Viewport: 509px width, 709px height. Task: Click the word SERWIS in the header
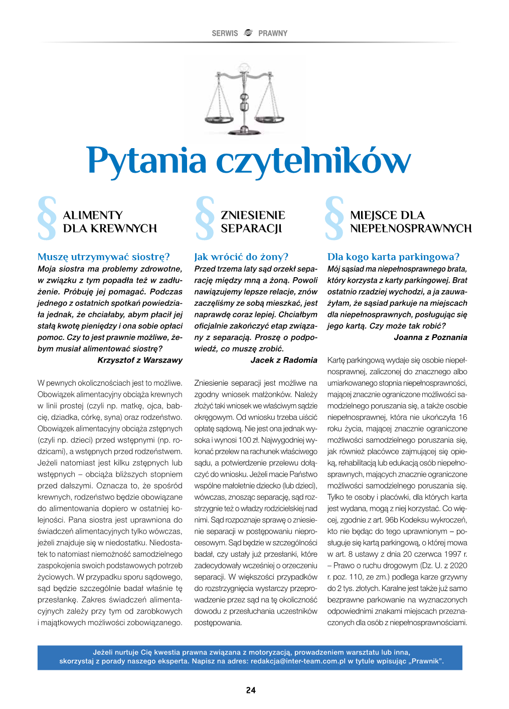point(225,34)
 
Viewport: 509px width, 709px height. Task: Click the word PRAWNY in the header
point(273,34)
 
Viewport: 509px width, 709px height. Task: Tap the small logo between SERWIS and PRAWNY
point(248,33)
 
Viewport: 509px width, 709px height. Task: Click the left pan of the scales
point(218,119)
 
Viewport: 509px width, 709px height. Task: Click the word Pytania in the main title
point(147,162)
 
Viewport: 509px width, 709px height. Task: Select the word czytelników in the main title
point(313,162)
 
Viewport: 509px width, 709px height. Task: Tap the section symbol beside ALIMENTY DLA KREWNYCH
point(47,218)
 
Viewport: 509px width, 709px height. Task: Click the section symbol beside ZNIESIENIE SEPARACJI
point(205,218)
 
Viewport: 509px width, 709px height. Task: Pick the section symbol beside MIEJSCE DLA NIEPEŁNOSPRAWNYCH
point(334,218)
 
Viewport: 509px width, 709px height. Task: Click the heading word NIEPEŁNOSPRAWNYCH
point(411,228)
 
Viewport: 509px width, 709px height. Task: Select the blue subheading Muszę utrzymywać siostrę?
point(104,257)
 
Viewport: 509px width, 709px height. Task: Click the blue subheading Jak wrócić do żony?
point(241,257)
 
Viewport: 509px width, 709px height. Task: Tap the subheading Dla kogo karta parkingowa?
point(393,257)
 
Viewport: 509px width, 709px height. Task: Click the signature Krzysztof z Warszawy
point(140,360)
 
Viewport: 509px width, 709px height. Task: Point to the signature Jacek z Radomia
point(284,360)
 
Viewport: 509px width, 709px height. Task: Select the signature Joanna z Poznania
point(430,337)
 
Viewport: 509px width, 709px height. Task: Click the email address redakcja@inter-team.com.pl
point(298,661)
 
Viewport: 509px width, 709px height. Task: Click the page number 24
point(251,690)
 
